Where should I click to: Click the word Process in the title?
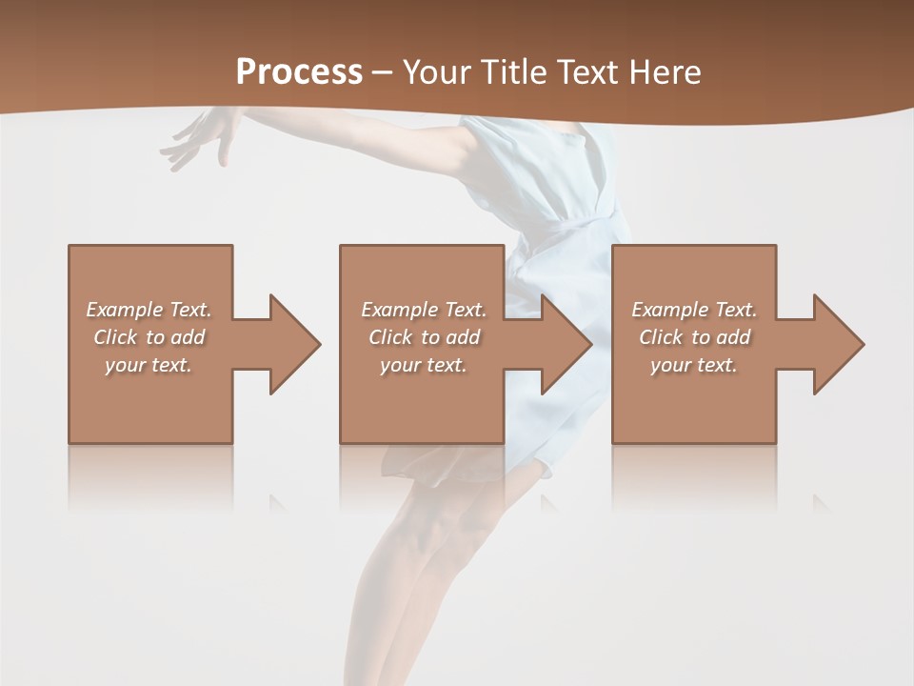tap(299, 72)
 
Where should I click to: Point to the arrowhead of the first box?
tap(295, 344)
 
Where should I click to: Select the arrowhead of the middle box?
tap(567, 344)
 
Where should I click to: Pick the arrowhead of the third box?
tap(839, 344)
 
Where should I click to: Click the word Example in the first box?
tap(125, 310)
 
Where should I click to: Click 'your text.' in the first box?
tap(149, 365)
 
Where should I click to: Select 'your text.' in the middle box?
tap(423, 365)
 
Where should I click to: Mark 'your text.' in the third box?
tap(693, 365)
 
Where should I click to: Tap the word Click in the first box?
tap(114, 337)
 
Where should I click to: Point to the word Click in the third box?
tap(661, 337)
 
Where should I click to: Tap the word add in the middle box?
tap(463, 337)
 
